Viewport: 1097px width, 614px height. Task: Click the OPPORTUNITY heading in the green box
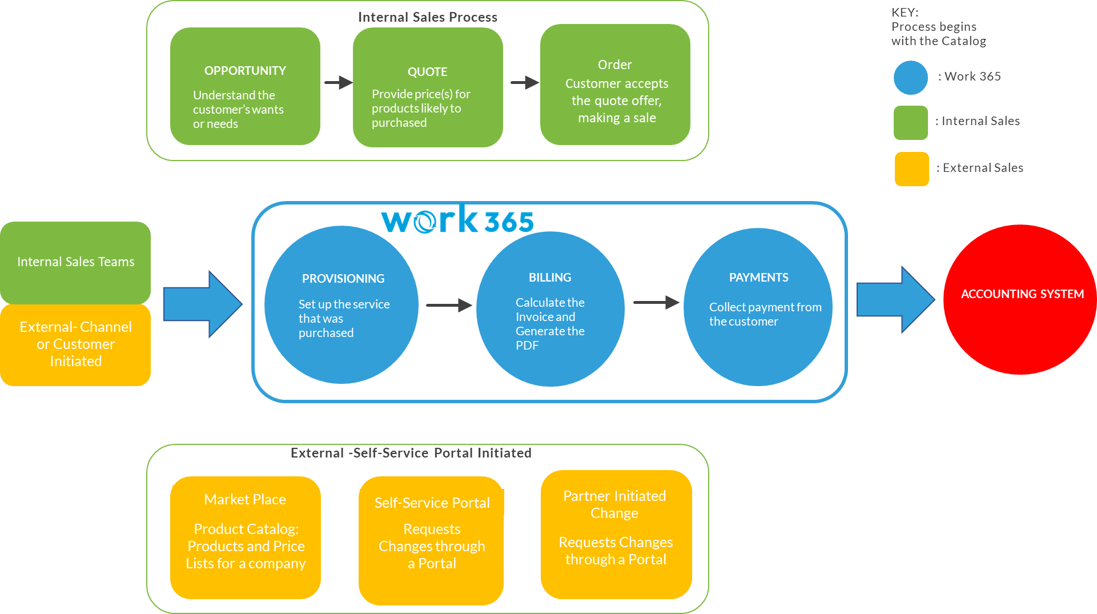tap(245, 71)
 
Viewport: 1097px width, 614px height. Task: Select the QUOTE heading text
tap(427, 72)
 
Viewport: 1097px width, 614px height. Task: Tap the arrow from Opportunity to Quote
tap(338, 82)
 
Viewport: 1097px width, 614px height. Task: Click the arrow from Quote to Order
tap(524, 83)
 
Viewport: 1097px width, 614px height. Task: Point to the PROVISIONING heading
tap(343, 279)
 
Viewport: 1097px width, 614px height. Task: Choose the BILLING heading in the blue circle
tap(550, 278)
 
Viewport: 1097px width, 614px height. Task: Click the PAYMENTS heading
tap(758, 278)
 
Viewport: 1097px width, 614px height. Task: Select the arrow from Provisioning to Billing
tap(449, 306)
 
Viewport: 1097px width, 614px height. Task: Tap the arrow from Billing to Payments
tap(656, 302)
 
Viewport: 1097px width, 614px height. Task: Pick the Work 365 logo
tap(457, 220)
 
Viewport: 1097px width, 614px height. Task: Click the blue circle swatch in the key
tap(910, 78)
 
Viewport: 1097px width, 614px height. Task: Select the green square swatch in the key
tap(910, 122)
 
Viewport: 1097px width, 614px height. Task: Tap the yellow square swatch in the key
tap(911, 169)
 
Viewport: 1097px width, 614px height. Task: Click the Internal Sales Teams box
tap(75, 262)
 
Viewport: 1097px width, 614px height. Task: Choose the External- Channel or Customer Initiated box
tap(75, 344)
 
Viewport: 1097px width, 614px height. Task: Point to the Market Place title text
tap(245, 500)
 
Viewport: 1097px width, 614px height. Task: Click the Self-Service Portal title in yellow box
tap(432, 503)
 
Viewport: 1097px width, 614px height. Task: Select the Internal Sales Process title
tap(427, 17)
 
